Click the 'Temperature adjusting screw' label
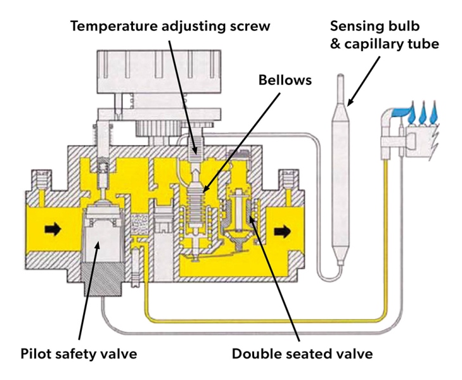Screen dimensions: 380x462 point(170,27)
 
